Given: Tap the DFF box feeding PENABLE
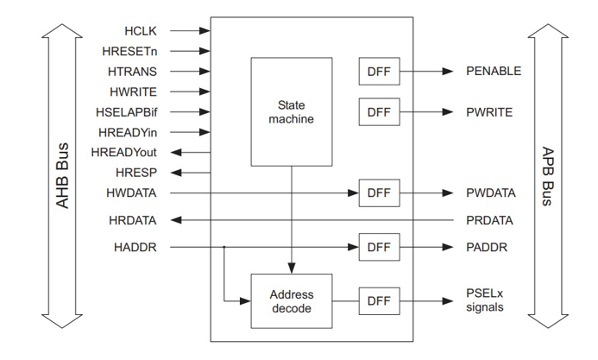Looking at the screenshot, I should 378,71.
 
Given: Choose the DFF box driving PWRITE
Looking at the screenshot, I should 378,111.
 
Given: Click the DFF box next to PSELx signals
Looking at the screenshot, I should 378,300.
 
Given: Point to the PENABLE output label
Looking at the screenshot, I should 494,71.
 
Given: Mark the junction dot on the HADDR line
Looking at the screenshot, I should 223,248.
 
